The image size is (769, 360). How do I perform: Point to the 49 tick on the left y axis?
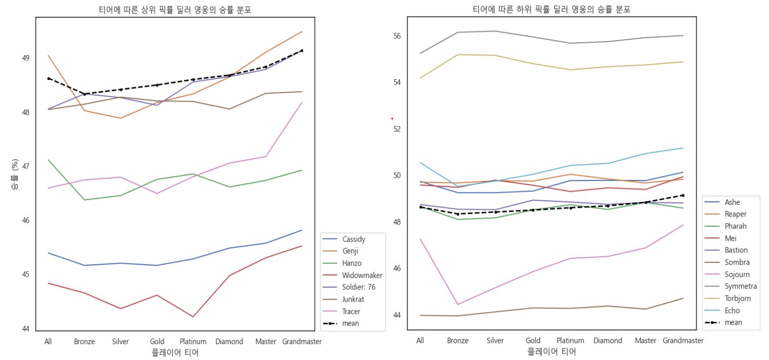point(25,58)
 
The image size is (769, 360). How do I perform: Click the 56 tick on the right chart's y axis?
point(396,36)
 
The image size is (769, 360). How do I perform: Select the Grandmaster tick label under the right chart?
point(683,341)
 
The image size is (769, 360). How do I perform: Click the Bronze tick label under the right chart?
point(457,341)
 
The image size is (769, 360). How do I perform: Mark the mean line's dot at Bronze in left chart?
point(84,94)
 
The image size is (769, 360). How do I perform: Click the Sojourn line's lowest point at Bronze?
point(457,304)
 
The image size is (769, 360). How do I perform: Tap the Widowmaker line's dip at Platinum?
point(192,317)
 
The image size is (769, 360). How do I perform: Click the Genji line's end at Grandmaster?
point(302,32)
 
